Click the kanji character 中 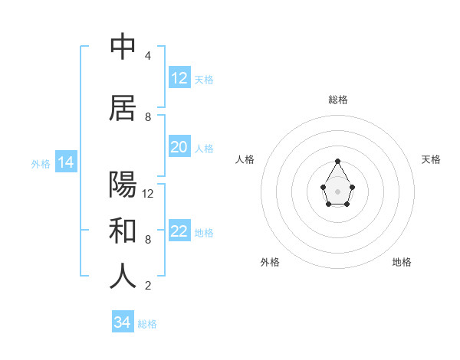(123, 47)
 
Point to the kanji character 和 (123, 231)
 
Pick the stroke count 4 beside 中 (148, 56)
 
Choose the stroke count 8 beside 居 (148, 117)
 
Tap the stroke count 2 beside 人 (148, 286)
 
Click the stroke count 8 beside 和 (148, 240)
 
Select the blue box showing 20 (179, 147)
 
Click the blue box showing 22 (179, 231)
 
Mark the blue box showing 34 (122, 322)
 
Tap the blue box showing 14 (65, 162)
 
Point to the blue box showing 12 (179, 78)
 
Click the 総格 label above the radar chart (338, 100)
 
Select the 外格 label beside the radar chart (270, 262)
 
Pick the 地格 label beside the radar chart (402, 262)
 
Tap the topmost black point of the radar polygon (338, 161)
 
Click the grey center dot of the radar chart (338, 190)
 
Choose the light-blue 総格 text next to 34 (147, 324)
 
